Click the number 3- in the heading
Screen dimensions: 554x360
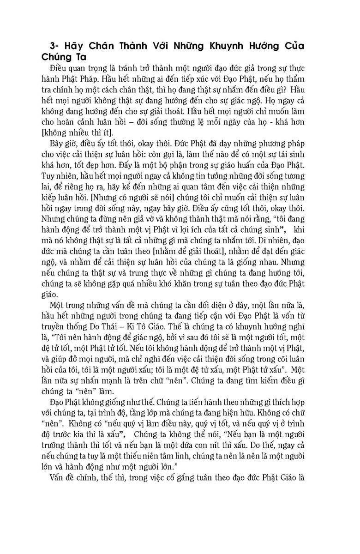[56, 47]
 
